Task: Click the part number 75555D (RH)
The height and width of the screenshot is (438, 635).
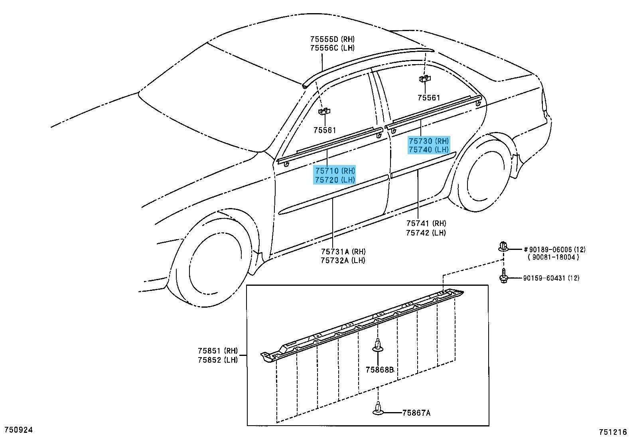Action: tap(332, 39)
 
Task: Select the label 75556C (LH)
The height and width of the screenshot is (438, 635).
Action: tap(332, 48)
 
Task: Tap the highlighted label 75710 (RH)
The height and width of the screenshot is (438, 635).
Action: tap(335, 171)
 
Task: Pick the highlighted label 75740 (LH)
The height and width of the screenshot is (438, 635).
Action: tap(429, 149)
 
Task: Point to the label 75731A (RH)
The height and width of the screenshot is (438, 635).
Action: tap(343, 251)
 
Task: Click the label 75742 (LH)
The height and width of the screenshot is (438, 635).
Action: tap(426, 233)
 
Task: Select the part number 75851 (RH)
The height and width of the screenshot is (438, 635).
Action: tap(218, 351)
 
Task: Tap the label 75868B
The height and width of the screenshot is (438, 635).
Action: tap(380, 370)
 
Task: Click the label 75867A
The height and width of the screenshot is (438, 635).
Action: tap(416, 413)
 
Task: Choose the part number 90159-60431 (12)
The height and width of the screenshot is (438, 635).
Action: tap(551, 278)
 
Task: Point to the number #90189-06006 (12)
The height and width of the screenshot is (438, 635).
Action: tap(554, 249)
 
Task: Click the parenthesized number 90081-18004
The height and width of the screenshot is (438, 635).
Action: tap(553, 257)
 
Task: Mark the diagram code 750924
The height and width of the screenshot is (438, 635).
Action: tap(19, 430)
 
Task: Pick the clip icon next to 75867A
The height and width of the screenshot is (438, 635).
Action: tap(378, 408)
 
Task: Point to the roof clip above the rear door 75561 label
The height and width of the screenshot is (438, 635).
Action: tap(425, 79)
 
